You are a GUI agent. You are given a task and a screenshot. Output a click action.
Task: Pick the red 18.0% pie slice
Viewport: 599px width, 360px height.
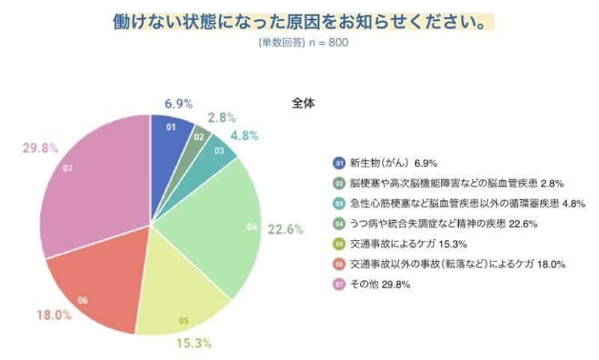click(x=94, y=288)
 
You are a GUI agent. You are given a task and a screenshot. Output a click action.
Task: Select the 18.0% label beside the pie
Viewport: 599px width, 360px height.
click(x=54, y=315)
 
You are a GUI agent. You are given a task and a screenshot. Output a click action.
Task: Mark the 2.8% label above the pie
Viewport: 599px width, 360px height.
click(x=222, y=118)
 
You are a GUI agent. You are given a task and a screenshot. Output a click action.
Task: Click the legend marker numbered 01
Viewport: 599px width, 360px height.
click(x=338, y=162)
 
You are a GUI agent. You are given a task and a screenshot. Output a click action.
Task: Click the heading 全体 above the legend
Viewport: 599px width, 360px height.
click(x=303, y=103)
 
